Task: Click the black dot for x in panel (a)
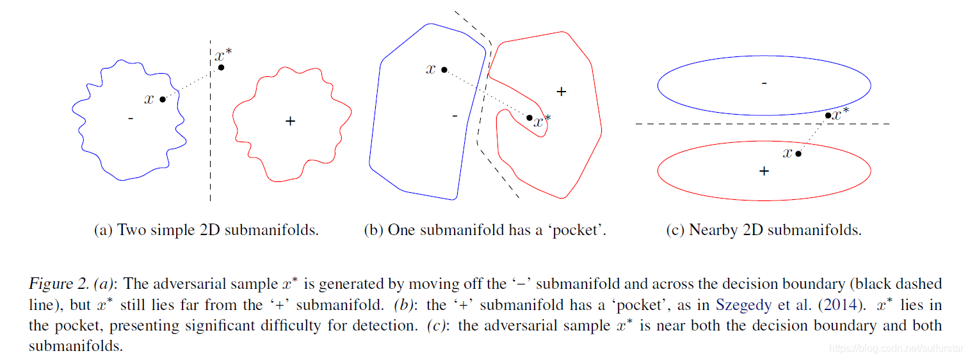pos(163,99)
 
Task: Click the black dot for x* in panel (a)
pos(221,67)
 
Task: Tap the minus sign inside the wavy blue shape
pos(131,119)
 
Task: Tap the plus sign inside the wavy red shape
pos(290,120)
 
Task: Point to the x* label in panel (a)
pos(223,55)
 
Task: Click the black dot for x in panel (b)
pos(444,69)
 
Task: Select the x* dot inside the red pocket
pos(529,117)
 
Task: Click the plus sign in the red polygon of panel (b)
pos(562,92)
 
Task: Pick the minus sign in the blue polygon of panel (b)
pos(455,116)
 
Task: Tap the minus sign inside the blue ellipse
pos(764,83)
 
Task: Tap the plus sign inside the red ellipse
pos(763,171)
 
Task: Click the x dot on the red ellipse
pos(798,154)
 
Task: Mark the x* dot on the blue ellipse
pos(828,115)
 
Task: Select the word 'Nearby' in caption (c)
pos(711,231)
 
